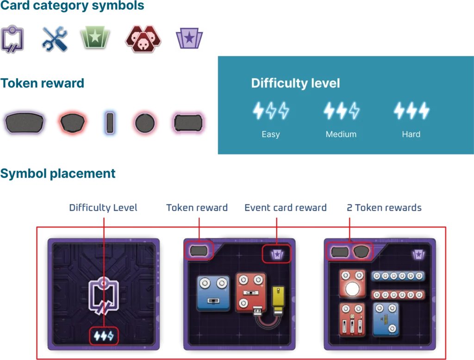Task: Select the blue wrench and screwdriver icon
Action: (x=54, y=38)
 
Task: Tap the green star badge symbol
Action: (x=94, y=37)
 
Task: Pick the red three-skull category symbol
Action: (x=143, y=39)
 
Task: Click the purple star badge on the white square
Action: (x=190, y=39)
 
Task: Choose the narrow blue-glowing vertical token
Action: (x=109, y=124)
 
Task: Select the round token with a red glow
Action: (x=145, y=124)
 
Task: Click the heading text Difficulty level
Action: (x=295, y=83)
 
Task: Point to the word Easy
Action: (x=270, y=134)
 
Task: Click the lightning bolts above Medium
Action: (x=341, y=111)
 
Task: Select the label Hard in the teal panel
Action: (x=411, y=134)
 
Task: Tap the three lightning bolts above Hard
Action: (x=411, y=111)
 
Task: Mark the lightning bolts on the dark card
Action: (x=104, y=336)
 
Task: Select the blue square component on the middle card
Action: (x=213, y=292)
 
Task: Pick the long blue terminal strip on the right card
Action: (x=398, y=276)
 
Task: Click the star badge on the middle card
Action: (x=276, y=254)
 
